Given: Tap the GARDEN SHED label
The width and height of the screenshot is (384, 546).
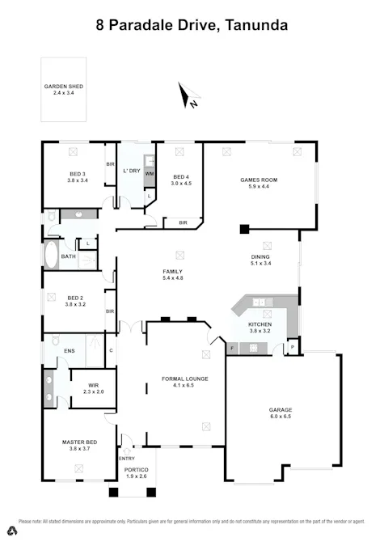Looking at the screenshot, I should [x=63, y=87].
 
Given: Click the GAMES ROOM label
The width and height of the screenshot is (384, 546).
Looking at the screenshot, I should [x=259, y=180].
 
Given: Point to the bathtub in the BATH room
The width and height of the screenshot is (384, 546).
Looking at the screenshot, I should [x=50, y=257].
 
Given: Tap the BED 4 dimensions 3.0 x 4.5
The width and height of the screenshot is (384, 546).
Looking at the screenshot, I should [x=180, y=184].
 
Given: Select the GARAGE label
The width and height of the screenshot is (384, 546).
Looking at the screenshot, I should [x=281, y=410].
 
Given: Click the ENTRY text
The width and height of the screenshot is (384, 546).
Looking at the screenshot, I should [x=127, y=459].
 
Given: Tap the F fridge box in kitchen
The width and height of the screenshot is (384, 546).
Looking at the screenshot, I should [x=232, y=349].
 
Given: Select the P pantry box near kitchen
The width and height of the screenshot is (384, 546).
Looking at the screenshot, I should [x=292, y=349].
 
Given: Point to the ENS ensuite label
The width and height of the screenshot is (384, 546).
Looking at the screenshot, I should [x=70, y=351].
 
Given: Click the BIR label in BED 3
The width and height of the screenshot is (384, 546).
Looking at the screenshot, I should [x=110, y=164].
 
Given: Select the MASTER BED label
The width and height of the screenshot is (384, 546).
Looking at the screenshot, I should [x=79, y=442].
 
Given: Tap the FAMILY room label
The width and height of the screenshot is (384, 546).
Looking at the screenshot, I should [x=173, y=271].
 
